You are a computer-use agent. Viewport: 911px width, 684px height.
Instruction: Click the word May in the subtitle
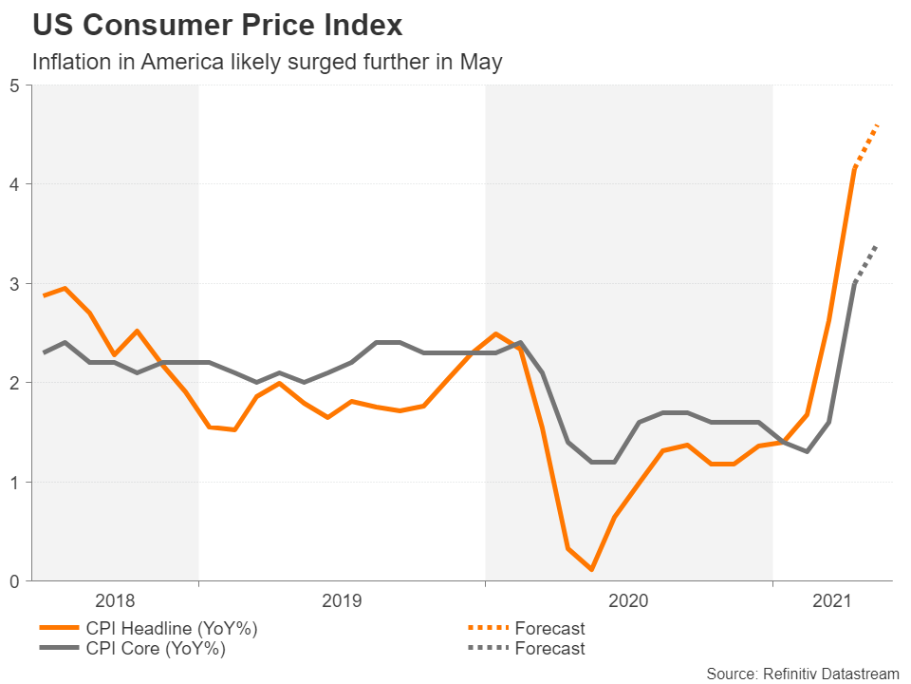(481, 63)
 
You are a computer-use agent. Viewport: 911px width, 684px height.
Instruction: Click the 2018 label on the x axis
(115, 600)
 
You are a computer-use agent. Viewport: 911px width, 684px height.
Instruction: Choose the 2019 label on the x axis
(342, 600)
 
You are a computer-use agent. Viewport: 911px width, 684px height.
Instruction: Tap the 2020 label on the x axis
(628, 600)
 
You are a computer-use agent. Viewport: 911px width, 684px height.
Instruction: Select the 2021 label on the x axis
(831, 600)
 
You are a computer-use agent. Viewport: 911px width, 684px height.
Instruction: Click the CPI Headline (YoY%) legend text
(172, 628)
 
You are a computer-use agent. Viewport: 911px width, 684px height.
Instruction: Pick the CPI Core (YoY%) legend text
(158, 649)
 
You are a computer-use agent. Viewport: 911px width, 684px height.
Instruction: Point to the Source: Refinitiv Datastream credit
(802, 674)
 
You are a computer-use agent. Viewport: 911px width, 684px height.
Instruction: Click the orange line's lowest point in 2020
(591, 570)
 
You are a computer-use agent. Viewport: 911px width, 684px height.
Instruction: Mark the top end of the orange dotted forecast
(878, 124)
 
